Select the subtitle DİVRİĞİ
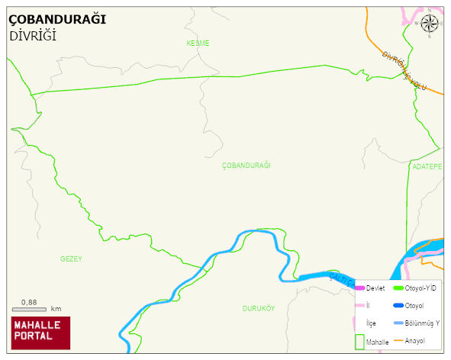pos(33,36)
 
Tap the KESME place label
pos(198,43)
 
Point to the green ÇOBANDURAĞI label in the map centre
pos(246,166)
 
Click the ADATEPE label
pos(427,166)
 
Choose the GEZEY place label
pos(71,259)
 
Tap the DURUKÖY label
pos(258,308)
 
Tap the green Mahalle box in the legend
pos(360,341)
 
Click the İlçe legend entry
pos(371,323)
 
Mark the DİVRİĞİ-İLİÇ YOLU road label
pos(404,70)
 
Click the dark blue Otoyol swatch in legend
pos(398,306)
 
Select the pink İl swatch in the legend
pos(359,305)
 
